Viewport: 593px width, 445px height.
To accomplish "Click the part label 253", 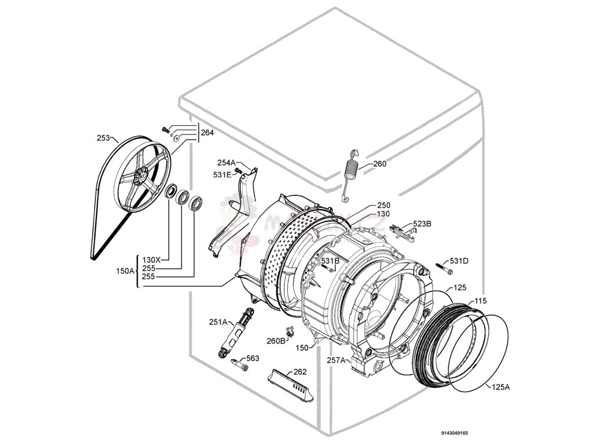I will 104,138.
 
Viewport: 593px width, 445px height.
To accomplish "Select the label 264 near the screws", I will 207,133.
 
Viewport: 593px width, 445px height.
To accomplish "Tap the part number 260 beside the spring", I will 379,164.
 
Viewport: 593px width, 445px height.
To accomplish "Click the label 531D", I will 459,261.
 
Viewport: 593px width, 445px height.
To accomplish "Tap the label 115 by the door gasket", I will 480,301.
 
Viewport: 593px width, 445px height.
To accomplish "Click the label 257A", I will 336,360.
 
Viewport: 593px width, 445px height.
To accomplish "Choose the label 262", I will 300,372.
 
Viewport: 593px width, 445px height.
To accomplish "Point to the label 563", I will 252,359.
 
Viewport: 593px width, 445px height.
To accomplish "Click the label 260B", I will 276,341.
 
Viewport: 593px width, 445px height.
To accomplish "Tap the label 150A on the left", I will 125,271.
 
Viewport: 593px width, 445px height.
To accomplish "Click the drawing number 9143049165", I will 454,433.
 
